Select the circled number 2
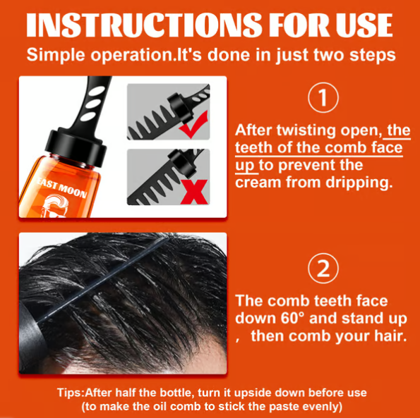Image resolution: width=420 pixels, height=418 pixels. click(x=323, y=269)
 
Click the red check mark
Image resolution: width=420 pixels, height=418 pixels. click(x=192, y=128)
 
